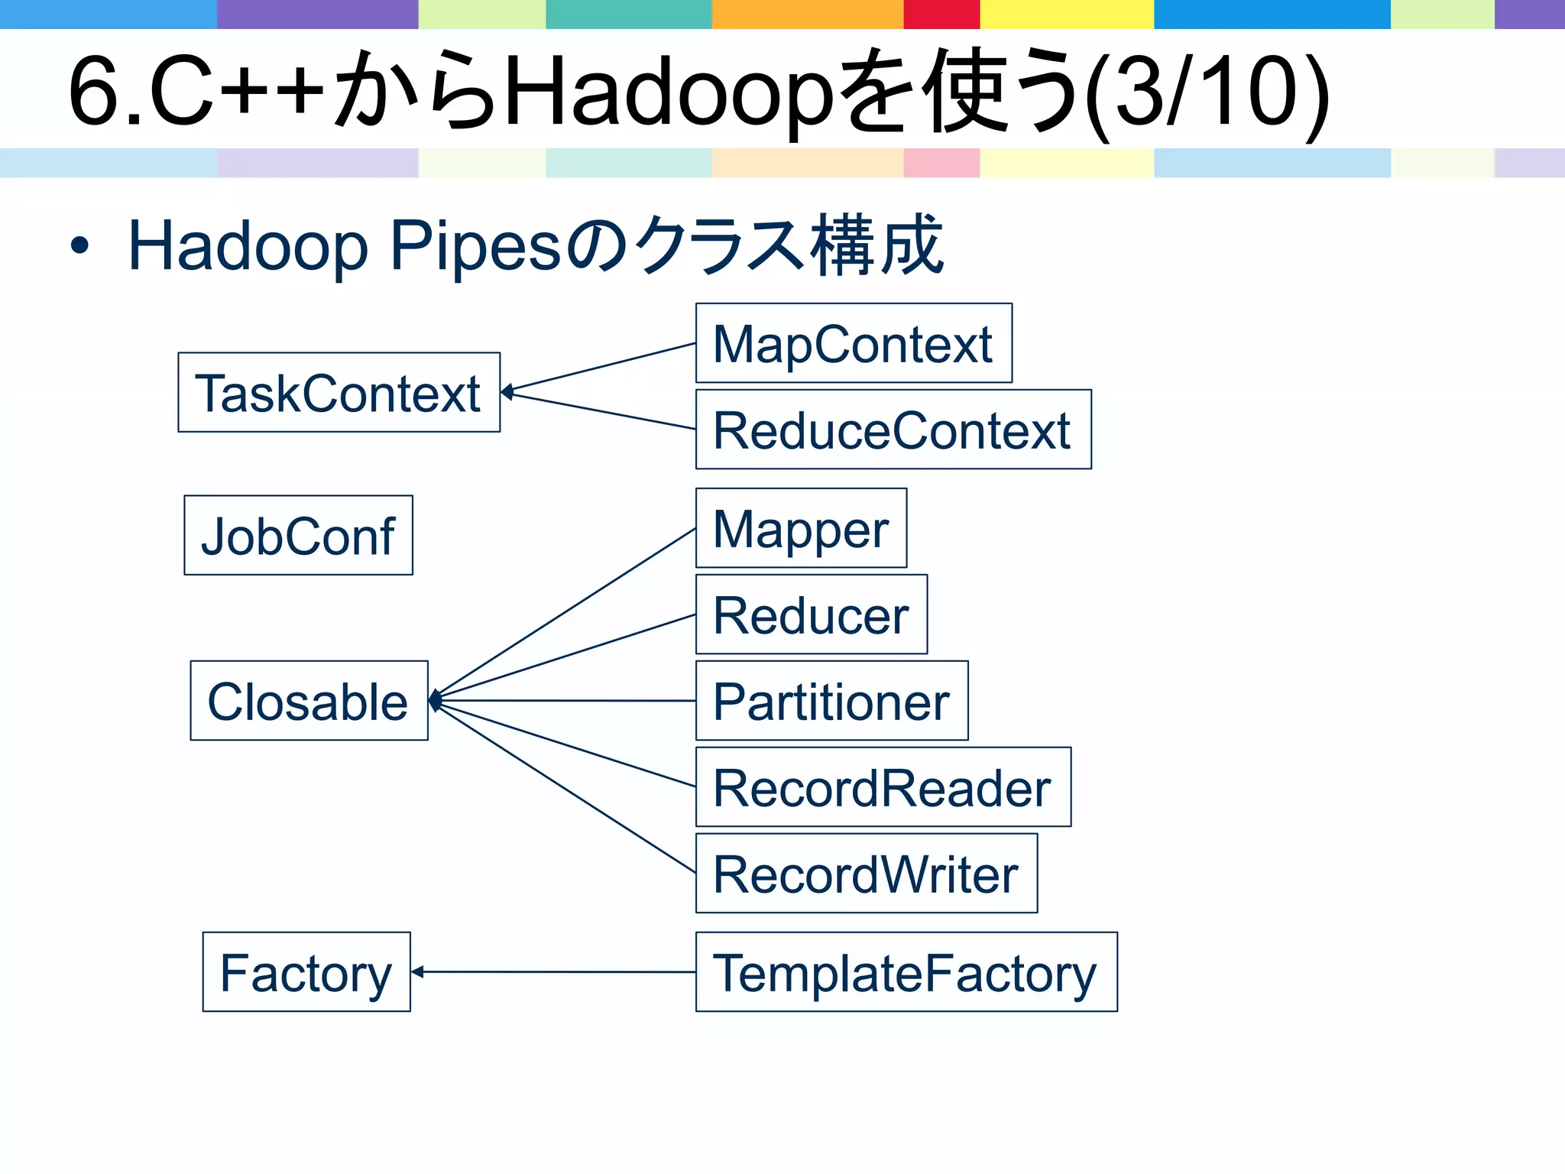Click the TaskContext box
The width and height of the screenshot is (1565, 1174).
click(x=339, y=392)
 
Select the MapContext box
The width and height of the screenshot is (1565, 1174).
click(x=854, y=343)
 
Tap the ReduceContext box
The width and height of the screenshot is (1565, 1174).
click(x=893, y=430)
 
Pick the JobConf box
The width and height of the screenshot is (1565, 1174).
click(x=298, y=535)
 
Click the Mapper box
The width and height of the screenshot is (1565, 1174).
click(x=801, y=528)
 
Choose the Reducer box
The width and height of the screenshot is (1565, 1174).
click(x=811, y=615)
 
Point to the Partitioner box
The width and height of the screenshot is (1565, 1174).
click(x=831, y=701)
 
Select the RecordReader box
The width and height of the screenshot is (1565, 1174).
click(x=883, y=787)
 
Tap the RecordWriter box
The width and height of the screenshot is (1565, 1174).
click(x=866, y=874)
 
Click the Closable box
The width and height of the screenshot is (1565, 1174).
click(x=309, y=701)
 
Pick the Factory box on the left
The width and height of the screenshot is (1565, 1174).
click(x=306, y=972)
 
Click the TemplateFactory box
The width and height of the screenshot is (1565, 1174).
click(x=906, y=972)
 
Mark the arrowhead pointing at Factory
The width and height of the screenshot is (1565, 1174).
click(x=417, y=971)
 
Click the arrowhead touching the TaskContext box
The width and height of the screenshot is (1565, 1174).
click(x=507, y=392)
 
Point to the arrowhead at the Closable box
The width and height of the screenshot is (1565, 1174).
click(x=435, y=699)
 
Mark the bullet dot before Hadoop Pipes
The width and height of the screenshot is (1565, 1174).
click(x=79, y=246)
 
